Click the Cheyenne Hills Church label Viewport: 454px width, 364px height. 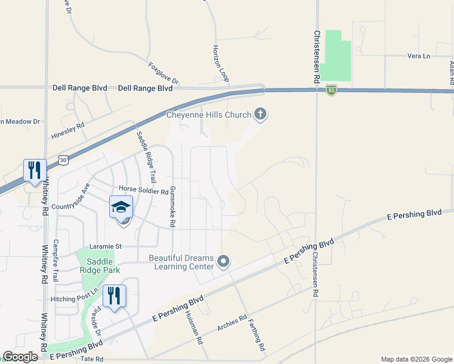click(x=209, y=115)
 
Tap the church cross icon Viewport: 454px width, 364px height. click(x=260, y=113)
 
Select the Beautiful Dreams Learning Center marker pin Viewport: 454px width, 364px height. click(x=223, y=261)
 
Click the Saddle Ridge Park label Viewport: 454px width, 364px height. click(x=100, y=265)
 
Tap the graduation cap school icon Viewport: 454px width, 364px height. click(x=121, y=207)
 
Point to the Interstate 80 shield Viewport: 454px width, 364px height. click(x=331, y=90)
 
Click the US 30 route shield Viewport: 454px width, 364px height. click(x=63, y=160)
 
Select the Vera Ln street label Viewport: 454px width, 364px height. click(x=418, y=56)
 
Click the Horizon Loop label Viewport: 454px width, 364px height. click(x=221, y=63)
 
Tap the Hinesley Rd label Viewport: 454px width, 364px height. click(x=68, y=126)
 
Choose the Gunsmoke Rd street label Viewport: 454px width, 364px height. click(x=172, y=206)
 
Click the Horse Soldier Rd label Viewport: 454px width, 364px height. click(x=143, y=191)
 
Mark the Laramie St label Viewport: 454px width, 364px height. click(x=106, y=246)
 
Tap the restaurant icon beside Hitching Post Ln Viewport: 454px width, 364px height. click(x=114, y=296)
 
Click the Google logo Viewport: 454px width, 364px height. click(x=20, y=357)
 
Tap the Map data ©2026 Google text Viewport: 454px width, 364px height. click(x=416, y=359)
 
